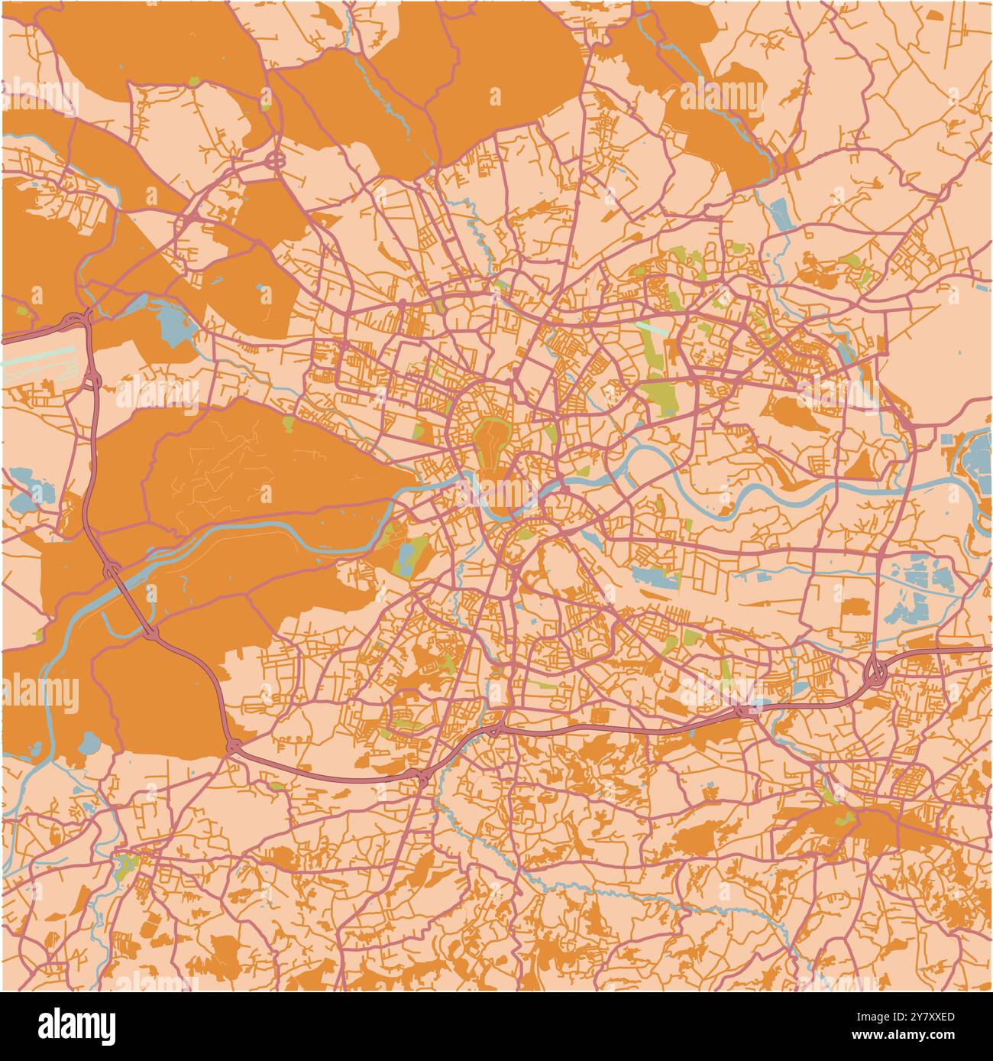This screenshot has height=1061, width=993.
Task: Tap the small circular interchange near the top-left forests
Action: [x=275, y=161]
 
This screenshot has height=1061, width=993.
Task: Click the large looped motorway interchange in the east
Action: [x=875, y=672]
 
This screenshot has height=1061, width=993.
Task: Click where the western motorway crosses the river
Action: [x=112, y=570]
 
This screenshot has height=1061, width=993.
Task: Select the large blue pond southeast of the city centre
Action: [x=654, y=577]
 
